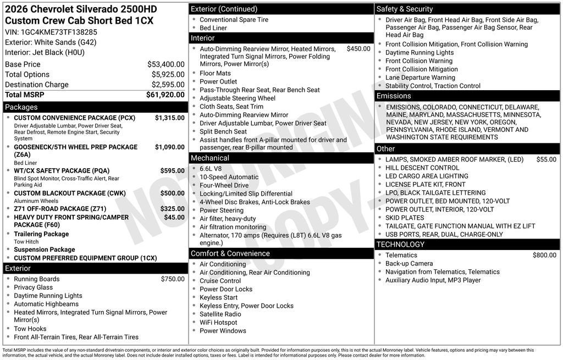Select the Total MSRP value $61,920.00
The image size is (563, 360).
tap(165, 95)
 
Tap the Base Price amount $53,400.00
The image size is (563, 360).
tap(165, 64)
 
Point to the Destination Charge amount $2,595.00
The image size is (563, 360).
tap(168, 85)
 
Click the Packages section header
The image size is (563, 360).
tap(21, 107)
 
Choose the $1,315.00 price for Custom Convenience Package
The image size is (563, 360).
tap(169, 118)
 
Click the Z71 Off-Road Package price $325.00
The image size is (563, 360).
tap(172, 209)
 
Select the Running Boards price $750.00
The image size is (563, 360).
tap(173, 279)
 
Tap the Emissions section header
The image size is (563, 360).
tap(394, 96)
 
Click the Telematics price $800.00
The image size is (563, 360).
tap(544, 255)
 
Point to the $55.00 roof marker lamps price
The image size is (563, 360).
tap(546, 159)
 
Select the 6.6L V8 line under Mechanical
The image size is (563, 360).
tap(211, 169)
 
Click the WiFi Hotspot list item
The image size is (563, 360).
tap(218, 323)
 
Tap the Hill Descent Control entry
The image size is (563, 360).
tap(422, 168)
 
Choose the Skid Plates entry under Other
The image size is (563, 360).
tap(405, 218)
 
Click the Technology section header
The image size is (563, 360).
tap(400, 245)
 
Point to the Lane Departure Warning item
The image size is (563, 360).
tap(420, 77)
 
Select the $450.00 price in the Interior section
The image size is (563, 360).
tap(358, 48)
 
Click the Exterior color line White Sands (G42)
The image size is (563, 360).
tap(51, 42)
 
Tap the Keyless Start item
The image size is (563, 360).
tap(218, 297)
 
